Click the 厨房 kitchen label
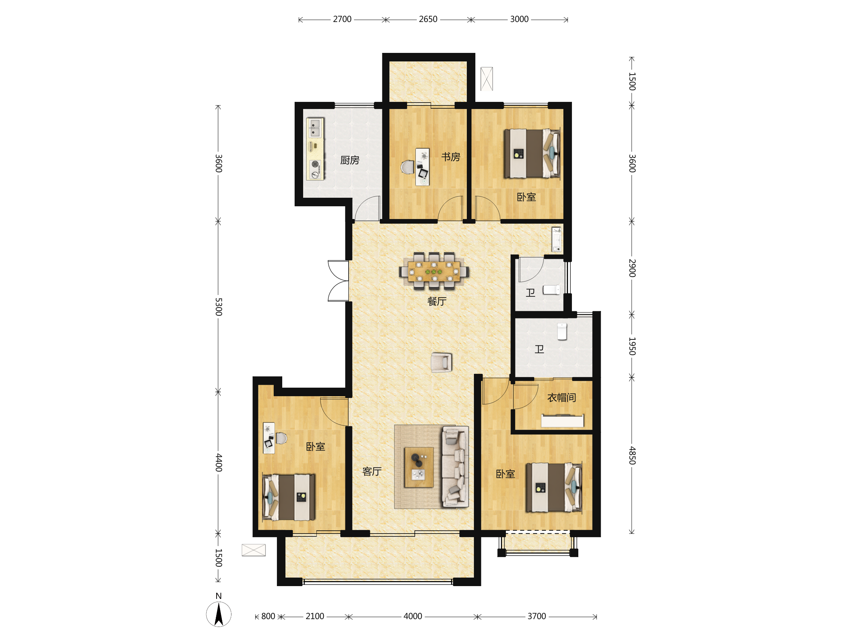349,160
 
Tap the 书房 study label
450,157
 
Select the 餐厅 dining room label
436,301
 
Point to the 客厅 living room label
372,471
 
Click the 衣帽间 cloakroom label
561,398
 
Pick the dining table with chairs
434,271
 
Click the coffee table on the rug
419,467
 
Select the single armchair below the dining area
441,362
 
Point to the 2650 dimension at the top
428,19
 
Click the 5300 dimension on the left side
218,307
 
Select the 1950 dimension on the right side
632,346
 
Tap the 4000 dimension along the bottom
413,616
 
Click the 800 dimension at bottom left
268,616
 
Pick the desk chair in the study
407,167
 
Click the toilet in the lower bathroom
562,332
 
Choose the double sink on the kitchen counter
315,128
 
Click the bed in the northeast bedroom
532,154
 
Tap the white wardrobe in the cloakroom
562,421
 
